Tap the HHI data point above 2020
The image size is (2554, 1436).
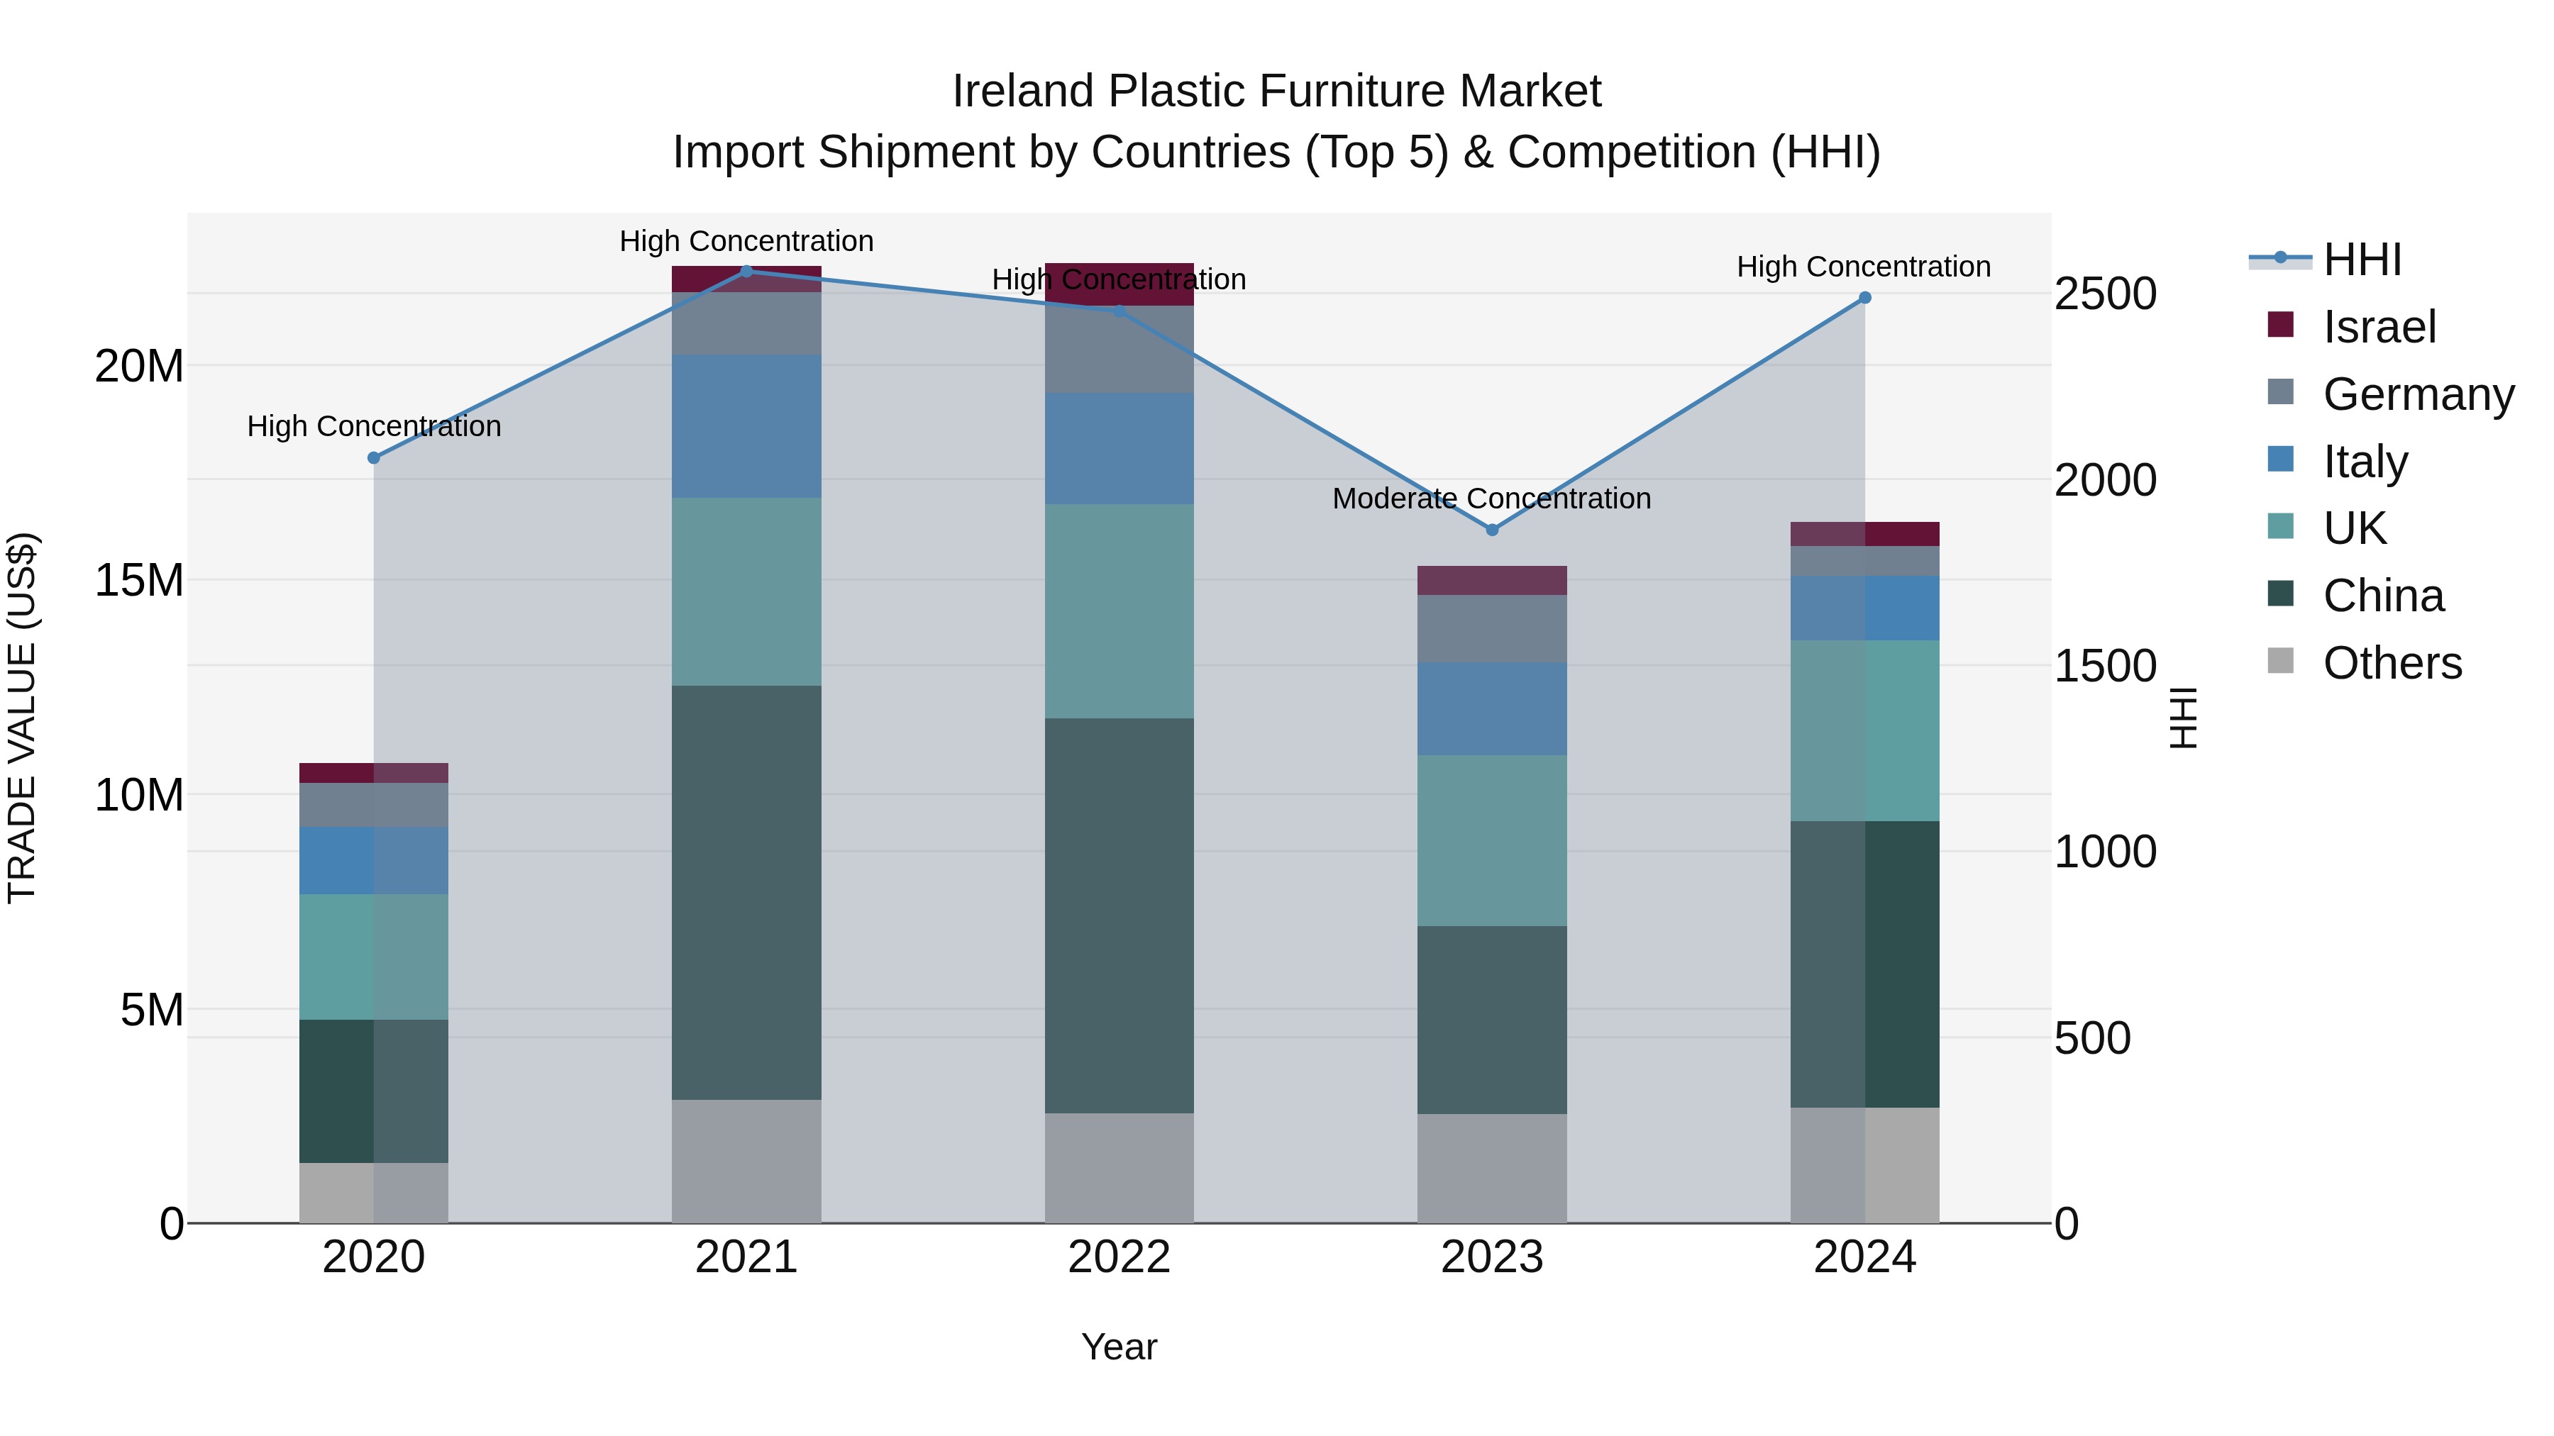coord(374,458)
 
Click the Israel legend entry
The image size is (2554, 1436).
coord(2379,327)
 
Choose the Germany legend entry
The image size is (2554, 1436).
coord(2418,394)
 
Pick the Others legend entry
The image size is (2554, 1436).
coord(2392,663)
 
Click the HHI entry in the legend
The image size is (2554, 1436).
coord(2362,260)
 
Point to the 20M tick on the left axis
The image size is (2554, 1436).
coord(139,367)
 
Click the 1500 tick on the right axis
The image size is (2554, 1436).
coord(2105,666)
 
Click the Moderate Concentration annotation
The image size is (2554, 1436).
coord(1491,499)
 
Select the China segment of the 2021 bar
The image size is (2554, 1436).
coord(746,892)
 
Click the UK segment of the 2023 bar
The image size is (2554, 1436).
coord(1491,840)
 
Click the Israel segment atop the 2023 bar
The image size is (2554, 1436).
coord(1491,580)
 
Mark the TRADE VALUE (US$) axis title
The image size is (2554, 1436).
coord(22,718)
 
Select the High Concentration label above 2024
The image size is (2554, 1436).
coord(1863,267)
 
